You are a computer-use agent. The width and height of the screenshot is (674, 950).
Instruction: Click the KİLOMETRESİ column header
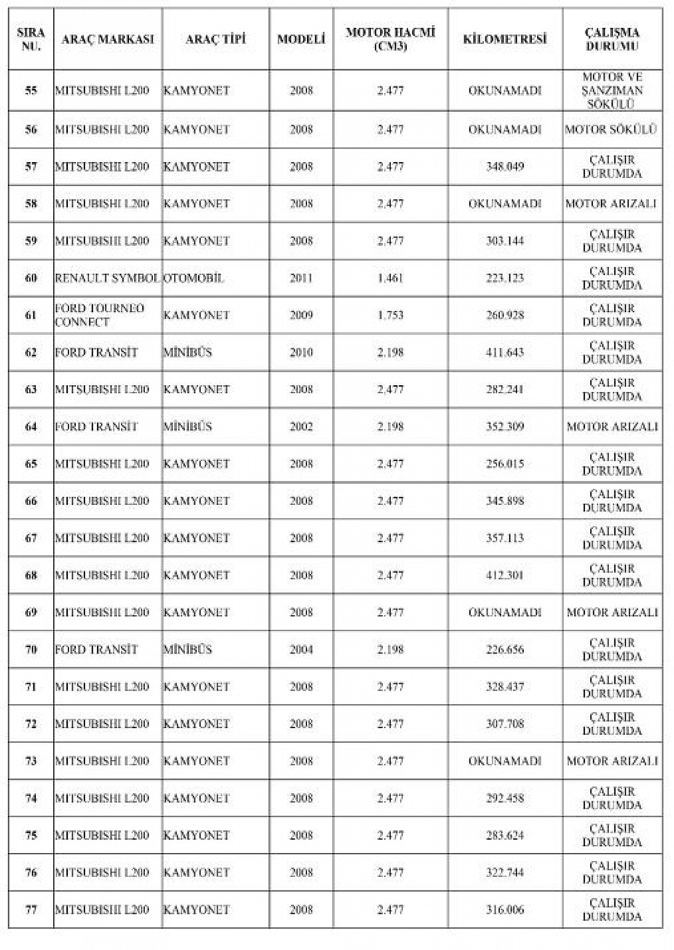point(504,39)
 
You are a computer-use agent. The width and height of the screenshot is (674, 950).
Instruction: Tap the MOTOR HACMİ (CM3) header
point(390,39)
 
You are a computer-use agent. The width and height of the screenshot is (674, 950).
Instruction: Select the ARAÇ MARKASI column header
point(107,39)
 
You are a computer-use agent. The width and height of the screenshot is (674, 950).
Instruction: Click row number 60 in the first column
point(31,278)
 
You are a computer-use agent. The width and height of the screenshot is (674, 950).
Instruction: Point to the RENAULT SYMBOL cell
point(107,278)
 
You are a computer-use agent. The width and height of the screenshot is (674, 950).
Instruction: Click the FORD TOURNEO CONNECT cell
point(100,315)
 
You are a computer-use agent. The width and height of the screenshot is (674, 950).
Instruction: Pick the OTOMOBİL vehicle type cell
point(193,278)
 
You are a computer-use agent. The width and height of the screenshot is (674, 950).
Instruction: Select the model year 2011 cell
point(301,278)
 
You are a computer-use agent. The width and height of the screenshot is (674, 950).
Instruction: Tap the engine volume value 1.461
point(390,278)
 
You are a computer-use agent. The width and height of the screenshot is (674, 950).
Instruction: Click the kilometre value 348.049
point(504,166)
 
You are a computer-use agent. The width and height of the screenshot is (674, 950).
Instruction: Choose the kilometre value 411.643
point(504,352)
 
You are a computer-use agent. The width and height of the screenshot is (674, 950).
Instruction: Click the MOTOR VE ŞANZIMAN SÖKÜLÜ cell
point(612,91)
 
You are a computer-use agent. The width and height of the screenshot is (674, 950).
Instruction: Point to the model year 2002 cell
point(301,426)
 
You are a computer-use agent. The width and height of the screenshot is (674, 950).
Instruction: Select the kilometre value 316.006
point(504,909)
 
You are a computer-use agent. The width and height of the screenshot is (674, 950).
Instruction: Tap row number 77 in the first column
point(31,909)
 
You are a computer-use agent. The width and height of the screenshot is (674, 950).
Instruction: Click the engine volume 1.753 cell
point(390,315)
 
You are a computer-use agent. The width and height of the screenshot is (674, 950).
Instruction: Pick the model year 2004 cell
point(301,649)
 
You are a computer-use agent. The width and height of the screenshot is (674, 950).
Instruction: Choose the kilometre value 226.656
point(504,649)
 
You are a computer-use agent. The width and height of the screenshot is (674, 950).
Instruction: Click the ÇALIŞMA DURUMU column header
point(612,39)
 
